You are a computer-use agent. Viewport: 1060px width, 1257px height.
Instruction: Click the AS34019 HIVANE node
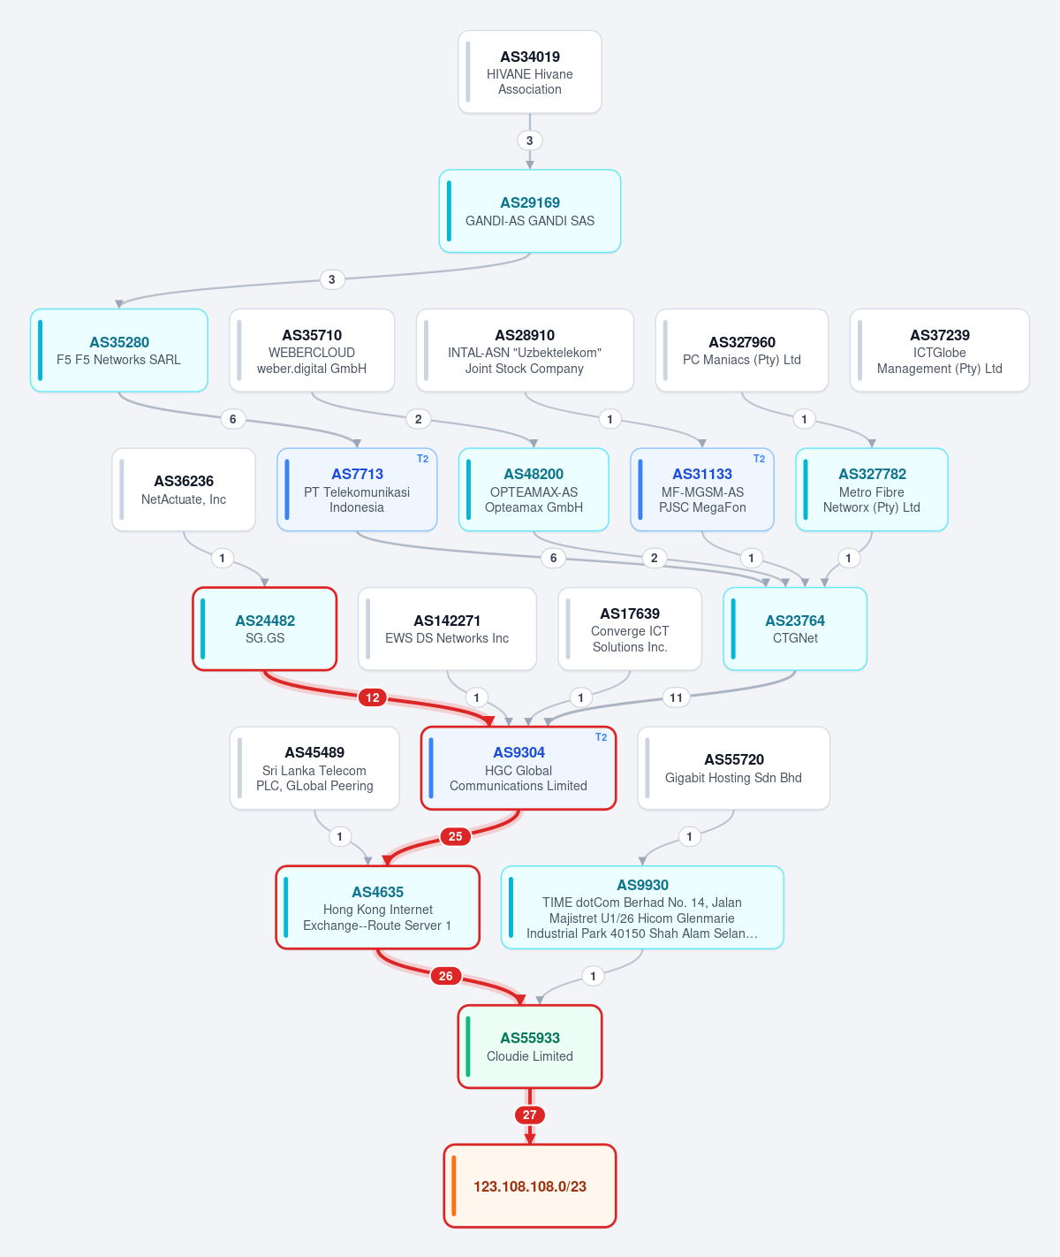pos(529,72)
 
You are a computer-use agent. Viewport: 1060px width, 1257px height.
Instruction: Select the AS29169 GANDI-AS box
pos(529,211)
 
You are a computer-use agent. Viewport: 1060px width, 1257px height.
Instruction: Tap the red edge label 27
pos(529,1115)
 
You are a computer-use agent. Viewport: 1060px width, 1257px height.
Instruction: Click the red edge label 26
pos(446,976)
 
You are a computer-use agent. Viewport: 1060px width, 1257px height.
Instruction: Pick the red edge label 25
pos(456,836)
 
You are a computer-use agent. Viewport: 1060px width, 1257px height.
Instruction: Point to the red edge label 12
pos(373,697)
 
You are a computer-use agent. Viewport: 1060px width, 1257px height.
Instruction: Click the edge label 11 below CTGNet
pos(676,697)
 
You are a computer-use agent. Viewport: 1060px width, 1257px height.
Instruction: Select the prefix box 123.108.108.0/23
pos(529,1186)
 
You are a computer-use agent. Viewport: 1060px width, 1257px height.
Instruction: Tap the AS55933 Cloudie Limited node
pos(529,1047)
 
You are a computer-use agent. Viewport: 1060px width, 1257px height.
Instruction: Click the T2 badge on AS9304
pos(601,737)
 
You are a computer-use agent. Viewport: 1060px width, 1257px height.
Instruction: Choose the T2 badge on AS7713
pos(423,459)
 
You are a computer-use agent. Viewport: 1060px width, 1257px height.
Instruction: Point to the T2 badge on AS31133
pos(759,459)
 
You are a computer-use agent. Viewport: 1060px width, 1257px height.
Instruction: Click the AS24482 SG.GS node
pos(265,629)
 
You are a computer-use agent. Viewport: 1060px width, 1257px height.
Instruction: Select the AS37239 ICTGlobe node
pos(940,350)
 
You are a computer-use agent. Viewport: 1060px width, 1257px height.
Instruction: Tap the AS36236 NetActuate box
pos(184,490)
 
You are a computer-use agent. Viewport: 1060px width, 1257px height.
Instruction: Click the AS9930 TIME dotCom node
pos(642,908)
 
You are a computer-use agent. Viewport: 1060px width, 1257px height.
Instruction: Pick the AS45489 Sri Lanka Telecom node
pos(314,769)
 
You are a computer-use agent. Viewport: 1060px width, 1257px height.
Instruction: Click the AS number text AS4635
pos(378,892)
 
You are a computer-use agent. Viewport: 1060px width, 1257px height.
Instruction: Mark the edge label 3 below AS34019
pos(529,141)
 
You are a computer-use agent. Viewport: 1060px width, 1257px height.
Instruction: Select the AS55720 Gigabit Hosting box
pos(734,769)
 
